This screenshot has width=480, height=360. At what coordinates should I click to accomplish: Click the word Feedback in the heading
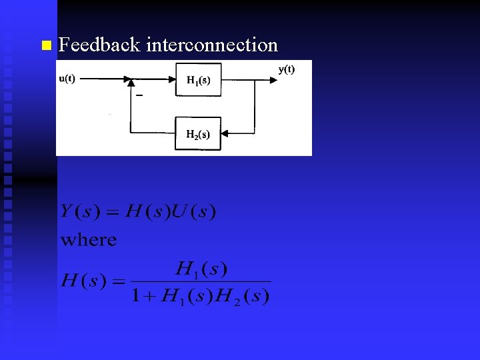(x=99, y=45)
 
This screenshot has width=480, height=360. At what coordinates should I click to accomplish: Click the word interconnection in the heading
(x=211, y=45)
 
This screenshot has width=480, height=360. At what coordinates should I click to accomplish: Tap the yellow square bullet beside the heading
(x=45, y=46)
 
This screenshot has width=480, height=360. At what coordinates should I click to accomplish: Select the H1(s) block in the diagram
(x=198, y=80)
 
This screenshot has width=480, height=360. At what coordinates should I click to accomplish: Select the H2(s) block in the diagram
(x=198, y=134)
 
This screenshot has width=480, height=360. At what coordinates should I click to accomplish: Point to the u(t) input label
(x=67, y=78)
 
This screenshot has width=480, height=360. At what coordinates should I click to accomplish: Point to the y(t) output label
(x=287, y=69)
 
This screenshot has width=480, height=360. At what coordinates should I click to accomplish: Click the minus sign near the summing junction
(x=139, y=95)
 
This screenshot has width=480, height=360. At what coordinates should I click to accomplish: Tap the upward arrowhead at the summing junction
(x=131, y=83)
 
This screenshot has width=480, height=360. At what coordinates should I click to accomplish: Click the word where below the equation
(x=89, y=240)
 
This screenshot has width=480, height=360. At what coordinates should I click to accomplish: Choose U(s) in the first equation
(x=193, y=212)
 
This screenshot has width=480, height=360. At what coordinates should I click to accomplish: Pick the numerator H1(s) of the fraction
(x=201, y=269)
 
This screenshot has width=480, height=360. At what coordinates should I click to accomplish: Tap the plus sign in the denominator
(x=150, y=296)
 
